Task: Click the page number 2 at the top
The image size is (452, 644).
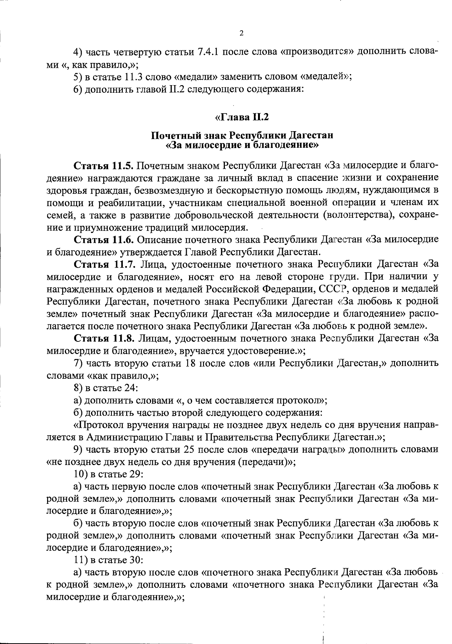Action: pyautogui.click(x=241, y=34)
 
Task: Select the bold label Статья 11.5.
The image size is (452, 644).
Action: pyautogui.click(x=104, y=166)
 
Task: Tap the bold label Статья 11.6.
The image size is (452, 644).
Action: pyautogui.click(x=104, y=240)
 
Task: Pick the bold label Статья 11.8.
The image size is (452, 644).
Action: pyautogui.click(x=104, y=338)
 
